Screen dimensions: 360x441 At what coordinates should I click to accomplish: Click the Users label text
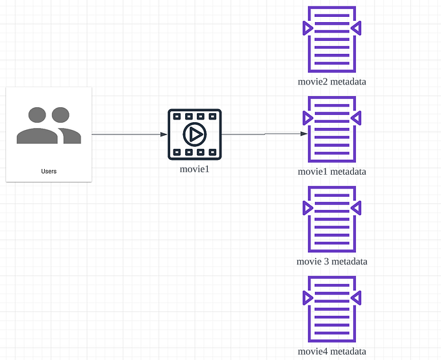pyautogui.click(x=48, y=172)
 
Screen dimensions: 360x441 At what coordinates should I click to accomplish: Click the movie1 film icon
pyautogui.click(x=194, y=135)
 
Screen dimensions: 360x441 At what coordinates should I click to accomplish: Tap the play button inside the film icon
pyautogui.click(x=194, y=135)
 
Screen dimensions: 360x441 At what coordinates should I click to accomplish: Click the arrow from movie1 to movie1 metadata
pyautogui.click(x=263, y=134)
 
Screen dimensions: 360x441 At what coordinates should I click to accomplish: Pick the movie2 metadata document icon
pyautogui.click(x=332, y=40)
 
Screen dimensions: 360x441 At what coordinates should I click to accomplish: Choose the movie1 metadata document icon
pyautogui.click(x=332, y=130)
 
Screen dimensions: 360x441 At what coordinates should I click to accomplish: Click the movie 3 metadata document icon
pyautogui.click(x=332, y=220)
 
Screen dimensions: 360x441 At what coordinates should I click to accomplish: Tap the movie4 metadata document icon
pyautogui.click(x=332, y=310)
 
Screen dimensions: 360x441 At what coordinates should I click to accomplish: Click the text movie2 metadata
pyautogui.click(x=332, y=82)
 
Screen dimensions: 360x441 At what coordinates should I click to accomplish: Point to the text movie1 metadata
pyautogui.click(x=332, y=172)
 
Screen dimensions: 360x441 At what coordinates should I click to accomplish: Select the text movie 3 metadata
pyautogui.click(x=332, y=261)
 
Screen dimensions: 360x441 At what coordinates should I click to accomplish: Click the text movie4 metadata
pyautogui.click(x=332, y=352)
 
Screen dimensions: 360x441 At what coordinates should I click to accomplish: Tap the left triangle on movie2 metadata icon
pyautogui.click(x=308, y=28)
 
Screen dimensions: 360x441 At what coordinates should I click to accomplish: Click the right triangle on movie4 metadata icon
pyautogui.click(x=356, y=298)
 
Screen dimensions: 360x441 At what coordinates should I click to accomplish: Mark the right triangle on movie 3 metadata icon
pyautogui.click(x=356, y=208)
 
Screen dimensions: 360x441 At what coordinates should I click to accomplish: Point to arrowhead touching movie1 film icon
pyautogui.click(x=164, y=135)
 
